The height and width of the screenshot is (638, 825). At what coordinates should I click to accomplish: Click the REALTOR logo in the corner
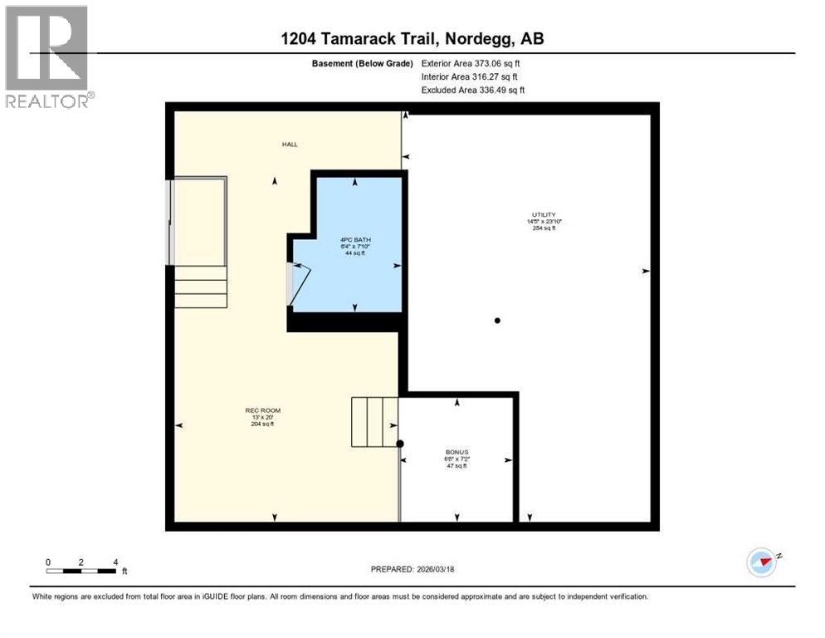[x=46, y=56]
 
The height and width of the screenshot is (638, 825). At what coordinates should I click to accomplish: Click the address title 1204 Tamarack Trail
[x=412, y=39]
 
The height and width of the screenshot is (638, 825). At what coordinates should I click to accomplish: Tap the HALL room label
[x=289, y=145]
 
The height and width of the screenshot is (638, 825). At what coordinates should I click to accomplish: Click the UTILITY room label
[x=544, y=214]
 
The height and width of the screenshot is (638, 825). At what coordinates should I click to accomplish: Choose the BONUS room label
[x=456, y=453]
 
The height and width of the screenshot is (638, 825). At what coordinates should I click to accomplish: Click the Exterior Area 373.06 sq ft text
[x=471, y=62]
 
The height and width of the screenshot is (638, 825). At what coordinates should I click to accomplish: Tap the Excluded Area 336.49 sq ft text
[x=472, y=90]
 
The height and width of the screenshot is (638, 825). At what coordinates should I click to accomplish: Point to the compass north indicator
[x=762, y=562]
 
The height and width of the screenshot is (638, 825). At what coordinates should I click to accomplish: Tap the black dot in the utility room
[x=497, y=321]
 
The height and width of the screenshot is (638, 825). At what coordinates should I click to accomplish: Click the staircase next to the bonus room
[x=374, y=422]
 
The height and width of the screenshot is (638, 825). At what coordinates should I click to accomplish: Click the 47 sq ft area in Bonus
[x=456, y=466]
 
